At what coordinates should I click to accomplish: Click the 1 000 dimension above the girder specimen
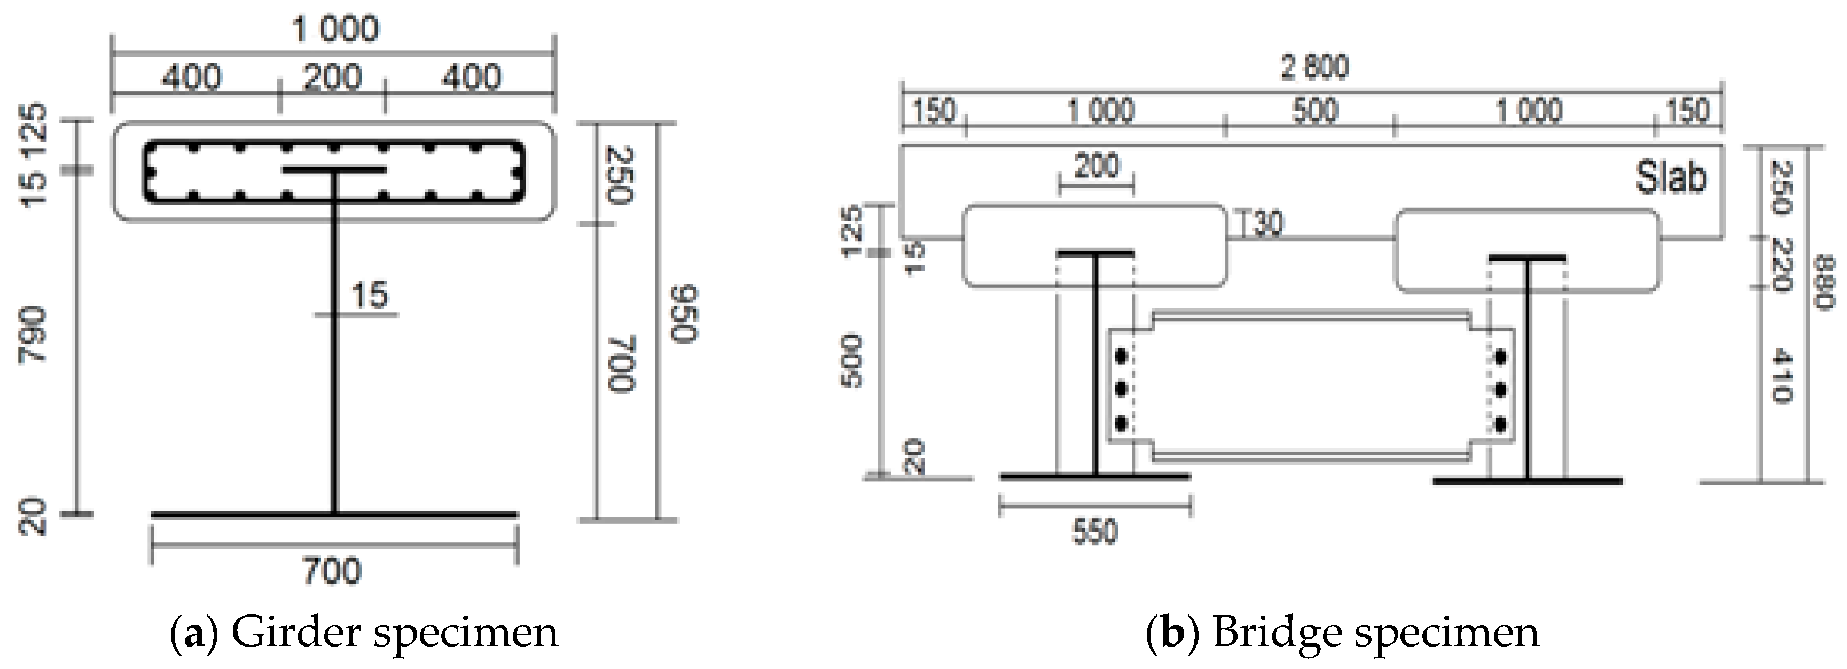point(335,30)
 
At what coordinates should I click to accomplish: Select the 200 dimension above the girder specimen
point(332,77)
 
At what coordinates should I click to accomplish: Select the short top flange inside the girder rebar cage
point(334,170)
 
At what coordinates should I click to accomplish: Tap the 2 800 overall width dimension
point(1314,67)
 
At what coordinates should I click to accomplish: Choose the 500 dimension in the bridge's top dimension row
point(1315,111)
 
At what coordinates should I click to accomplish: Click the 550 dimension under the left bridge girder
point(1095,531)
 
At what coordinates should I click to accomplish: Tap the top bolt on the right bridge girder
point(1499,357)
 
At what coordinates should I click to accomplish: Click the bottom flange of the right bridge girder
point(1527,480)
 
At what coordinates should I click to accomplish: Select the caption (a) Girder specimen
point(364,633)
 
